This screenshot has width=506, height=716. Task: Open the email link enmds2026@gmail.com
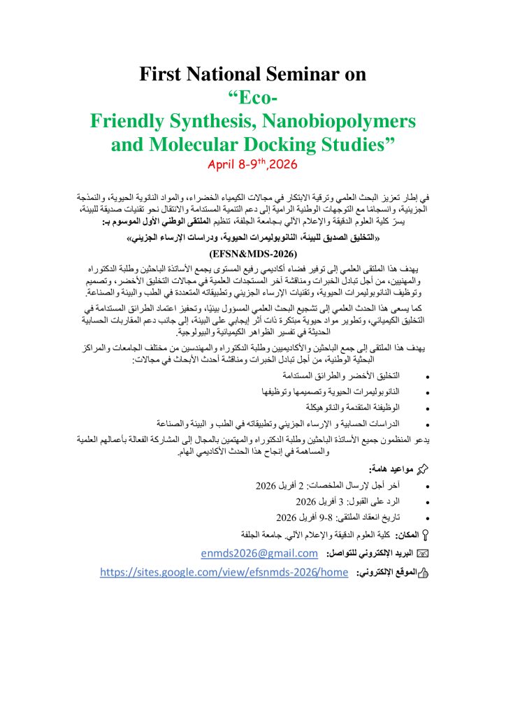pos(259,554)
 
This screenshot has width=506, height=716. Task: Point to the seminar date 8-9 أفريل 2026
pos(301,537)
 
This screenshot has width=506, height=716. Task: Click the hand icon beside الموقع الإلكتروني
pos(424,573)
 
